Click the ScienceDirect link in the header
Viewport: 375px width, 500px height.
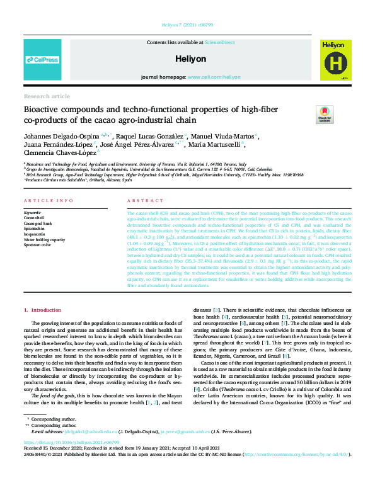tap(219, 42)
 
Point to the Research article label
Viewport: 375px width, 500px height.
tap(47, 96)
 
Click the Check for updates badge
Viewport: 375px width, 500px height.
tap(325, 114)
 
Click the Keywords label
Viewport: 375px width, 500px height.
tap(32, 213)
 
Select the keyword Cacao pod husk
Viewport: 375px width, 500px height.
tap(38, 224)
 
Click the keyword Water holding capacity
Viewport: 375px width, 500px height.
tap(46, 239)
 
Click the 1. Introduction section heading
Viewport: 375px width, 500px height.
tap(43, 310)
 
